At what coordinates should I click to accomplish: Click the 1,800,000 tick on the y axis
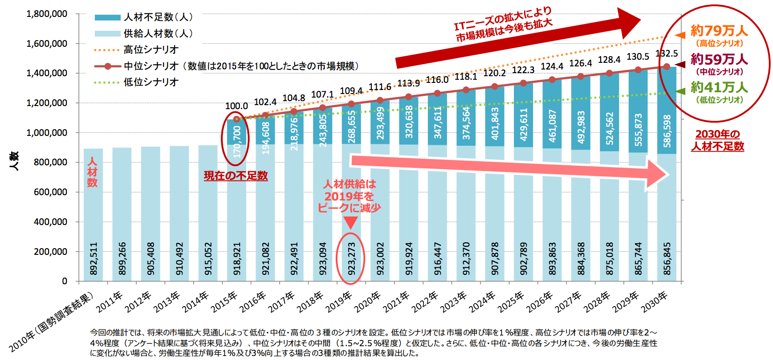(47, 14)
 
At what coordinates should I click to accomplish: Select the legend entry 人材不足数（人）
(143, 17)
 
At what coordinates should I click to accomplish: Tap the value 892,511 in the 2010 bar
(94, 258)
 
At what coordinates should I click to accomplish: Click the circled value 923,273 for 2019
(352, 258)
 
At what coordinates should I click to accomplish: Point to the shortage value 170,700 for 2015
(237, 141)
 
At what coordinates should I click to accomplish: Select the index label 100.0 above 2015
(236, 106)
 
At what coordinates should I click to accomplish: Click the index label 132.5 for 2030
(667, 54)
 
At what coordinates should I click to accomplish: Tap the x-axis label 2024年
(483, 302)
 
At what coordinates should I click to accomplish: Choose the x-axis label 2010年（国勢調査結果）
(51, 321)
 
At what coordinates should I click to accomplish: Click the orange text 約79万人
(719, 31)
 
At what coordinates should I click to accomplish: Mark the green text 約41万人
(719, 87)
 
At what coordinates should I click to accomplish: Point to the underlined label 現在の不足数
(236, 176)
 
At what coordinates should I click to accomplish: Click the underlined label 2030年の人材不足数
(718, 140)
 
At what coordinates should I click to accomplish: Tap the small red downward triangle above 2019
(351, 222)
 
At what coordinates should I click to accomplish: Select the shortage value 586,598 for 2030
(667, 131)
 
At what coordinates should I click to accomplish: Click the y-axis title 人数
(14, 161)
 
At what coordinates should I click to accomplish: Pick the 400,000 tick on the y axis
(51, 222)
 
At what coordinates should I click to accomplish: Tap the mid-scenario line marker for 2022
(437, 93)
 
